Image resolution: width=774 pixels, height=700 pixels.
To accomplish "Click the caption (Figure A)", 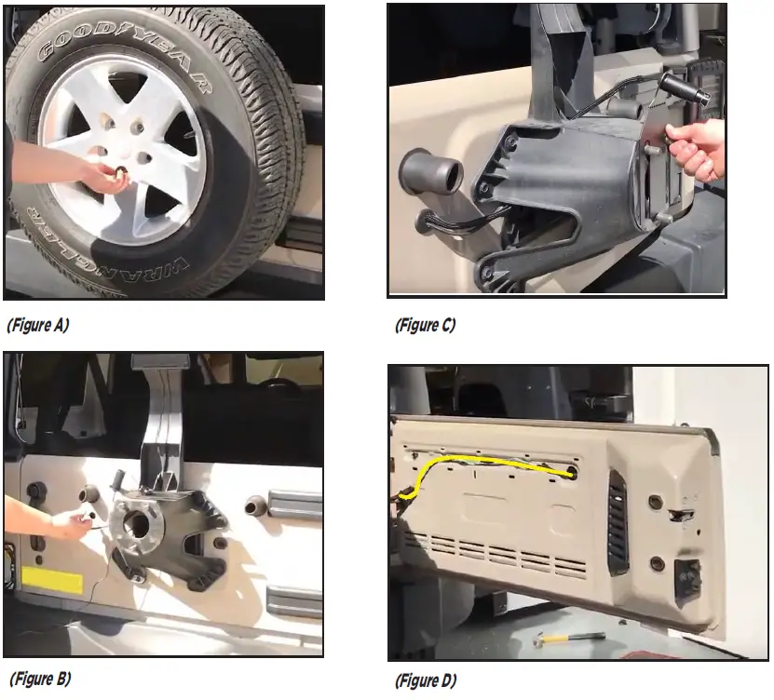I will tap(38, 325).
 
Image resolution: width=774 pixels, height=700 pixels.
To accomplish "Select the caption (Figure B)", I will tap(39, 678).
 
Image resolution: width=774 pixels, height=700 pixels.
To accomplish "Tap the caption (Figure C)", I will tap(426, 325).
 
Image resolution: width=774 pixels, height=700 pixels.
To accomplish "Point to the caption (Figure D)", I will tap(427, 680).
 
